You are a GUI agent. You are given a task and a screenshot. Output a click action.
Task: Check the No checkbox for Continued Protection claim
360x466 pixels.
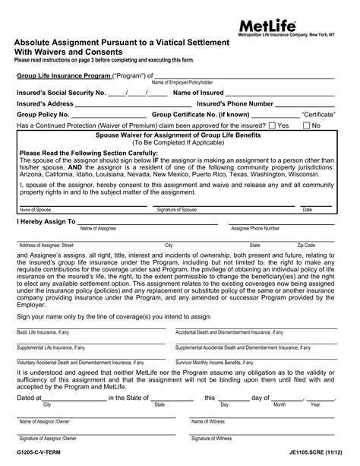307,125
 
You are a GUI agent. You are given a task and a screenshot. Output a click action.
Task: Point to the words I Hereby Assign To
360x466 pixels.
45,222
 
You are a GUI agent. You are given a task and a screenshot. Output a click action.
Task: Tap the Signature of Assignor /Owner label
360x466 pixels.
48,438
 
